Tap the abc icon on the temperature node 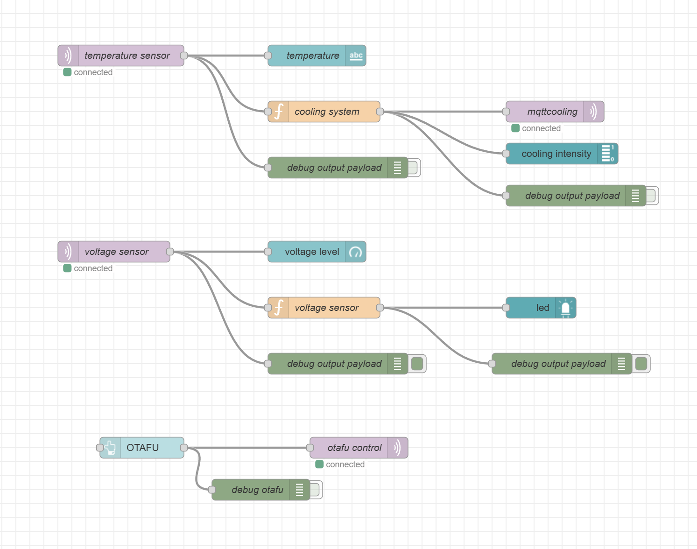point(356,56)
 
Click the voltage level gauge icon point(356,252)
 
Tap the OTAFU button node point(142,448)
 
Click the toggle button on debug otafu point(315,490)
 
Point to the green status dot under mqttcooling point(515,128)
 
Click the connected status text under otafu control point(345,465)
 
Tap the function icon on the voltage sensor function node point(279,308)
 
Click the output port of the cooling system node point(380,112)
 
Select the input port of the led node point(506,308)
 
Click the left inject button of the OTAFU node point(100,448)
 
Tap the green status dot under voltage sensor point(67,268)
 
